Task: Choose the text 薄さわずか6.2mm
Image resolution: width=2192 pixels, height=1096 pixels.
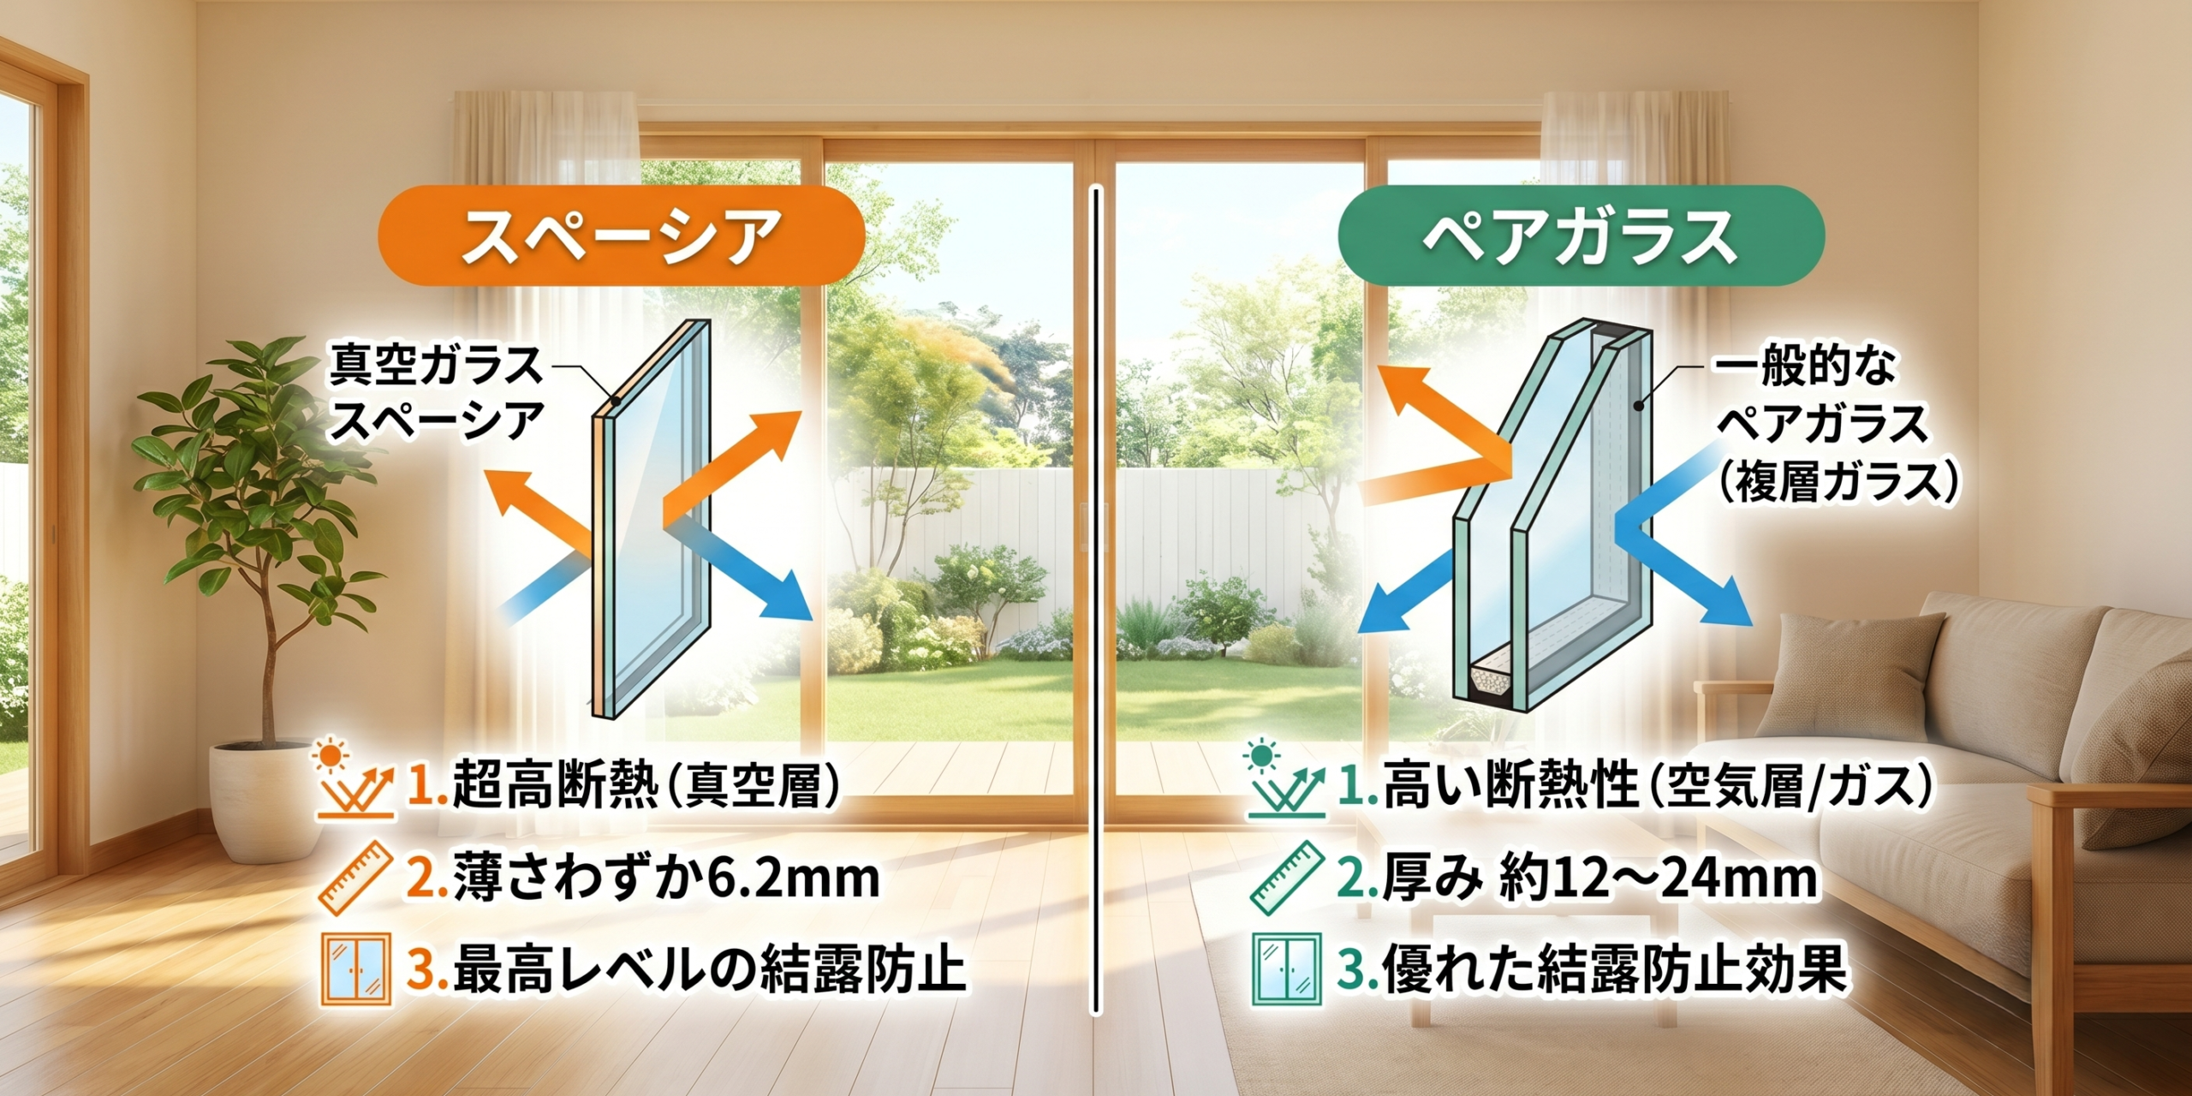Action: [x=666, y=878]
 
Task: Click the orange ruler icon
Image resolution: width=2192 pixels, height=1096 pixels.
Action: [x=354, y=878]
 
